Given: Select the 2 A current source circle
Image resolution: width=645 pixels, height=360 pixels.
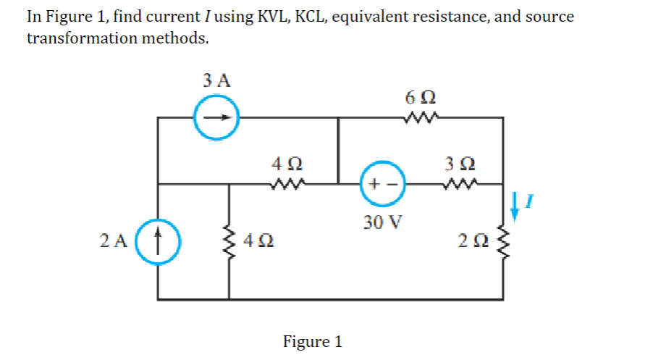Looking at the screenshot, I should point(158,240).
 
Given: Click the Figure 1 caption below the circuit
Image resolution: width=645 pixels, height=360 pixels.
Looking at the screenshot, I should point(312,341).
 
